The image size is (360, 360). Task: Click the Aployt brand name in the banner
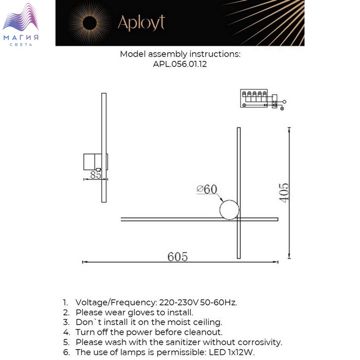(x=141, y=23)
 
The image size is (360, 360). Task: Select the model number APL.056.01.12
(x=179, y=65)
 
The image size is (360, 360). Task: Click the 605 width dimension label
(x=177, y=256)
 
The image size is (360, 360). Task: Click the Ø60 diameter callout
(x=207, y=189)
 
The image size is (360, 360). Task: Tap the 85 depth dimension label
(x=95, y=174)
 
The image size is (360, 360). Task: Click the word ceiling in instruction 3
(x=207, y=322)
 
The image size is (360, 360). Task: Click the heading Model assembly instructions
(x=180, y=54)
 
